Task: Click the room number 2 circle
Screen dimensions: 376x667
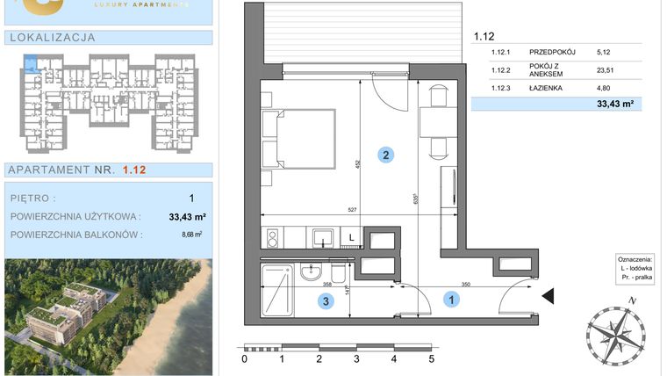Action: coord(385,155)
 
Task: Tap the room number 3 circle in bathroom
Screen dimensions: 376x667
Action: coord(326,302)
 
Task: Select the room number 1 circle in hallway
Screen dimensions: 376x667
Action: coord(453,300)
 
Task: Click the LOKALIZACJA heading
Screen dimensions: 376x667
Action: coord(51,38)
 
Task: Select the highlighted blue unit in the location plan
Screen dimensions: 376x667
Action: coord(32,63)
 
